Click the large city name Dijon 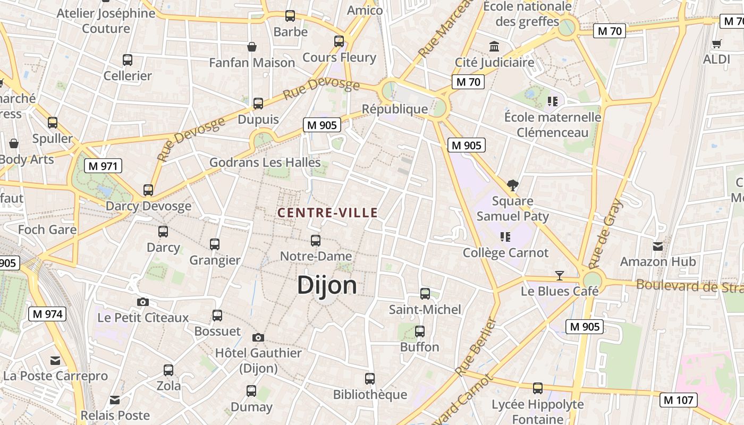click(x=327, y=285)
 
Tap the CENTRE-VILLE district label click(x=327, y=213)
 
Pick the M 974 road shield click(x=47, y=313)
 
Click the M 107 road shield click(x=679, y=399)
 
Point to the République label click(x=395, y=109)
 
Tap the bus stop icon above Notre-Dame click(x=316, y=240)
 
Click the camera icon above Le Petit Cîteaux click(x=143, y=302)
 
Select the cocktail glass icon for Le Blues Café click(x=559, y=275)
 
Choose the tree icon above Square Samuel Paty click(x=513, y=185)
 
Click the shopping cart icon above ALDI click(x=717, y=44)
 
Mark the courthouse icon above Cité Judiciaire click(x=495, y=47)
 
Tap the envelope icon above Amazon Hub click(x=658, y=246)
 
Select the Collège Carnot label click(x=505, y=252)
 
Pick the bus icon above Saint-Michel click(x=425, y=293)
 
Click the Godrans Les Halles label click(x=265, y=162)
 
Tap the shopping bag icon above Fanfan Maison click(x=252, y=47)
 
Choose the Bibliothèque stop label click(x=370, y=395)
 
